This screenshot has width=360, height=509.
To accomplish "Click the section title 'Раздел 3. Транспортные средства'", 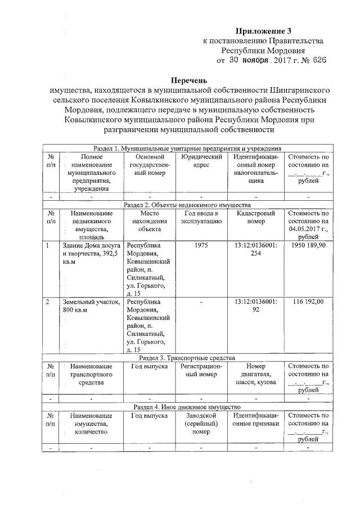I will point(187,358).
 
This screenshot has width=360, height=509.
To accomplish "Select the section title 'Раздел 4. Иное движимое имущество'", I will point(187,406).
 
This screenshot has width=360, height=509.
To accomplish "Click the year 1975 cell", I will point(201,246).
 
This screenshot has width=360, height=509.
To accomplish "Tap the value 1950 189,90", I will point(308,246).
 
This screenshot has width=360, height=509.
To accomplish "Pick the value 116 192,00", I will point(308,302).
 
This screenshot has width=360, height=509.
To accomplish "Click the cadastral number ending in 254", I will point(256,250).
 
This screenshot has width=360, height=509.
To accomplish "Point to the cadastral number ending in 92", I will point(256,306).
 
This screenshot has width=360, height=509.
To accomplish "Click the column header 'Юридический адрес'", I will point(201,161).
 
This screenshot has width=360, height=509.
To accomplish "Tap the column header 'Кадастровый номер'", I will point(256,218).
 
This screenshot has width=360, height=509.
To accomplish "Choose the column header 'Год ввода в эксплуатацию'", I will point(201,218).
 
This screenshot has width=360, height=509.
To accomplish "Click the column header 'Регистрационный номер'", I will point(201,371).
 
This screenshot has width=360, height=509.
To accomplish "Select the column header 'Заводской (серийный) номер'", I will point(201,424).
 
